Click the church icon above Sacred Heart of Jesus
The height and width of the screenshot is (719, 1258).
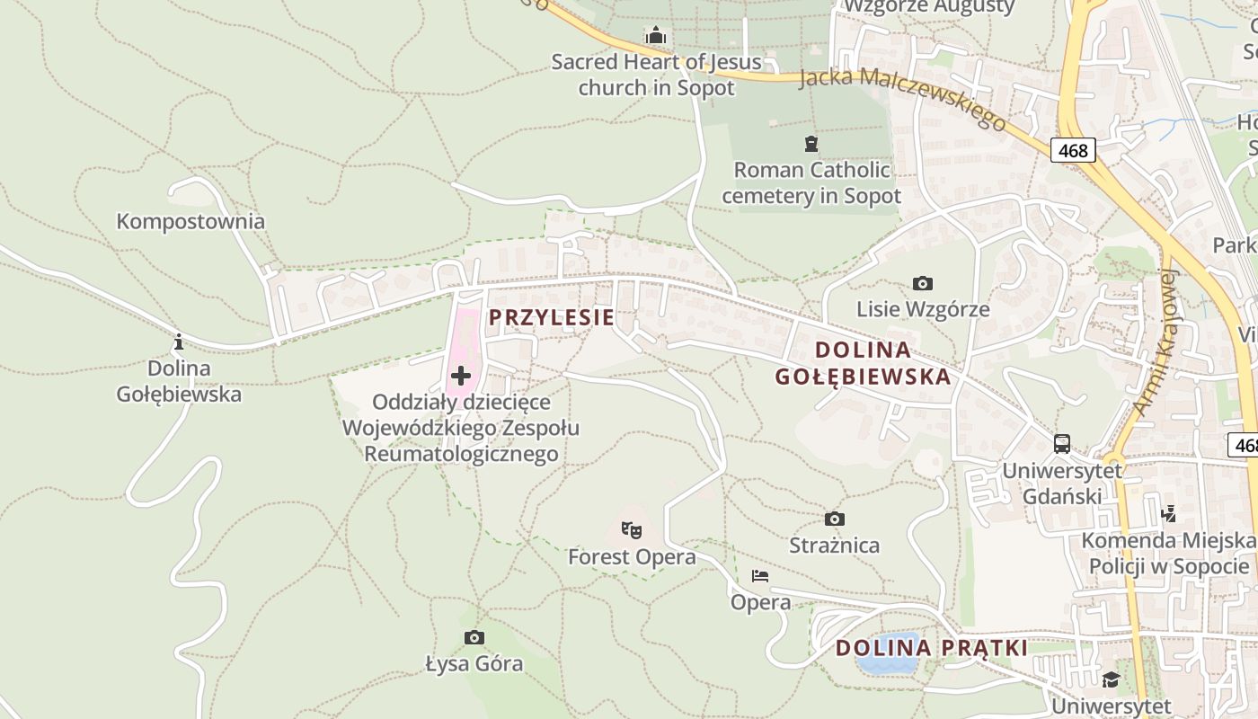656,36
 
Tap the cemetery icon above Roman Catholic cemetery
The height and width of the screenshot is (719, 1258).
811,143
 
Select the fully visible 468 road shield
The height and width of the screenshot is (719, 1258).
1073,150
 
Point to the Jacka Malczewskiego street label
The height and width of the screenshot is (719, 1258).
902,100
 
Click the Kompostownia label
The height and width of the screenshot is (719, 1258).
190,221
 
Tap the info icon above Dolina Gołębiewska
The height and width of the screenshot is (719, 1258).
178,342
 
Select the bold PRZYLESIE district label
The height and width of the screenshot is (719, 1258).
552,317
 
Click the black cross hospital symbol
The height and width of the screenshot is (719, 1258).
461,375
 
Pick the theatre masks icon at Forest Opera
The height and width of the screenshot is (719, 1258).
632,530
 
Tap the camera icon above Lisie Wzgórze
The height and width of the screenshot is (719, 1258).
923,284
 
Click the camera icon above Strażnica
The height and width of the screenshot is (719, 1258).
835,519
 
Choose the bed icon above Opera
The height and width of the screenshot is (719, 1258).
760,575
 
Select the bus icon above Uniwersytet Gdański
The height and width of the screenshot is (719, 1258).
1062,443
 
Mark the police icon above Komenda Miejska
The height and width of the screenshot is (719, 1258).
1168,513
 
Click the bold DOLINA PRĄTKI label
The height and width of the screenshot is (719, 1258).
931,648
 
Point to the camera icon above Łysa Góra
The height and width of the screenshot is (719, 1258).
474,638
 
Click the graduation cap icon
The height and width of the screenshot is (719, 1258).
1111,679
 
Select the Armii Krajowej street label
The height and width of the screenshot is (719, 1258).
1156,342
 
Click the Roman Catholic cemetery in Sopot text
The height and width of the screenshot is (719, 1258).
811,182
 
